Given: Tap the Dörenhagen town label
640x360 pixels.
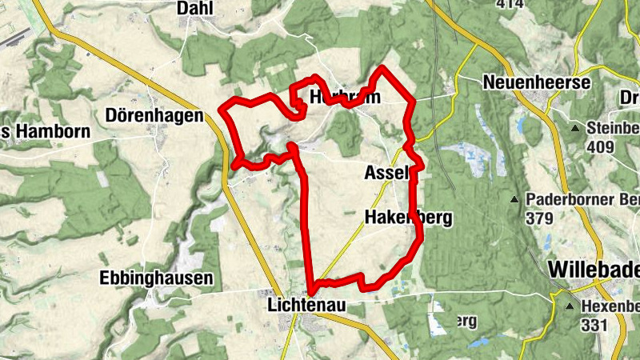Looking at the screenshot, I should [154, 116].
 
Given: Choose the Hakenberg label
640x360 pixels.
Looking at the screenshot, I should [407, 217].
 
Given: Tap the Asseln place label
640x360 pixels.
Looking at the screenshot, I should [387, 172].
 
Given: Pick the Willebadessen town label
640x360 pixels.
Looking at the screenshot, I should [594, 270].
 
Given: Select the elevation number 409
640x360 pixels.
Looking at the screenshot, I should [599, 147].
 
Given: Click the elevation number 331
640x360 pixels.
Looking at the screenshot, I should [594, 325].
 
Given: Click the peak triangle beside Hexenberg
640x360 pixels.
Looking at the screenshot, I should [570, 306].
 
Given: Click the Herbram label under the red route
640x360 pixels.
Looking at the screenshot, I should [344, 96].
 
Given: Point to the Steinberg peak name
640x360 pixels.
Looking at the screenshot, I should [612, 128].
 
